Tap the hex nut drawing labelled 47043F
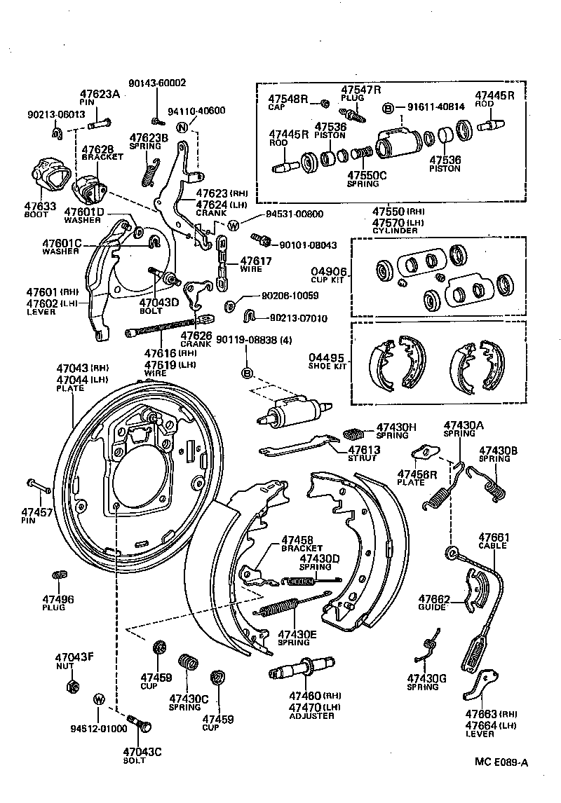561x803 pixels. tap(72, 685)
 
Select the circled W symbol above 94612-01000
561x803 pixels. tap(99, 699)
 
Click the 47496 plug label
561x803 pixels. tap(58, 599)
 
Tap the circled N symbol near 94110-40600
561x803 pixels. tap(182, 128)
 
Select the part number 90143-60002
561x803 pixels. tap(157, 83)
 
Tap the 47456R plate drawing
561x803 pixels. tap(424, 453)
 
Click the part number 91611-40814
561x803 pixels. tap(436, 108)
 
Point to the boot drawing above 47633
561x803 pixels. tap(47, 175)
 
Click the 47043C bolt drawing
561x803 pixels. tap(137, 721)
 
